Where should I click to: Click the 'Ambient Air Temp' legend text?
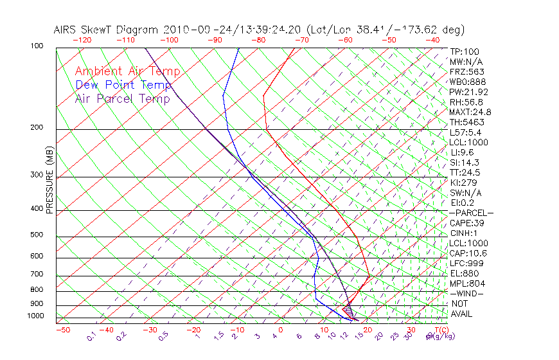click(x=127, y=72)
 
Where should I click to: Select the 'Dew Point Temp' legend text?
click(x=123, y=85)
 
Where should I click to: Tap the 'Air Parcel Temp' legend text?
click(x=122, y=99)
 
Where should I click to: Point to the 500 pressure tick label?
click(x=37, y=235)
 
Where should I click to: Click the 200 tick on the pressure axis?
click(x=37, y=128)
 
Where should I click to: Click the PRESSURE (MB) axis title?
click(x=49, y=183)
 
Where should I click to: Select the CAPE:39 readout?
click(x=466, y=223)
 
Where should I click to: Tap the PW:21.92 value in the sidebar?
click(x=469, y=92)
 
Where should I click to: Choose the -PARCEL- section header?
click(x=471, y=213)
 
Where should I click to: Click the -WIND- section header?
click(x=466, y=293)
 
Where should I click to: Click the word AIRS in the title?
click(x=66, y=30)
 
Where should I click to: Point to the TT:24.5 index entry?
click(x=465, y=172)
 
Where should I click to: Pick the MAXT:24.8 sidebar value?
click(x=472, y=112)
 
